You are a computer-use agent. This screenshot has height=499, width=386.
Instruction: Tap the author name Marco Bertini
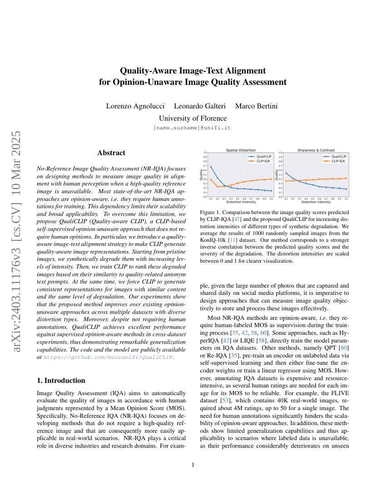[x=256, y=106]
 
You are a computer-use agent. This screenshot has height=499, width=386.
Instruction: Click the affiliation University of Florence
[x=193, y=118]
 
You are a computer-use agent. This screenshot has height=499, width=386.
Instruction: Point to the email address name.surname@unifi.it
[x=193, y=128]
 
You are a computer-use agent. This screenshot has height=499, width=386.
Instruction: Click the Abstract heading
[x=111, y=153]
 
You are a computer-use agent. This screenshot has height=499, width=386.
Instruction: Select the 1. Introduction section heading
[x=61, y=381]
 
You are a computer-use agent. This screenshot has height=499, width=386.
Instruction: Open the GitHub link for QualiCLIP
[x=108, y=357]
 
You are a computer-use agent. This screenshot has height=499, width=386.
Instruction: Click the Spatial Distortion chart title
[x=241, y=150]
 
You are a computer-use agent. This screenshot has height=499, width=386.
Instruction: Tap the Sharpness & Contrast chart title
[x=316, y=150]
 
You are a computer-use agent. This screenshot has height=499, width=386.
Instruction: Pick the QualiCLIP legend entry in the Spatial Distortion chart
[x=260, y=157]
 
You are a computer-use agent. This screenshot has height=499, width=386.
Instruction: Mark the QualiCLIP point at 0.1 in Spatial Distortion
[x=211, y=167]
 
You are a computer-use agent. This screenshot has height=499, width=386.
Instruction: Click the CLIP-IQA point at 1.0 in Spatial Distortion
[x=271, y=179]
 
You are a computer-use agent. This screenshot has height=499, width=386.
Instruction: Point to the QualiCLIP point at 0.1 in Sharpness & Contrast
[x=286, y=173]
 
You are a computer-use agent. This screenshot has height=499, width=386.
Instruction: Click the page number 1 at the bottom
[x=193, y=465]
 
